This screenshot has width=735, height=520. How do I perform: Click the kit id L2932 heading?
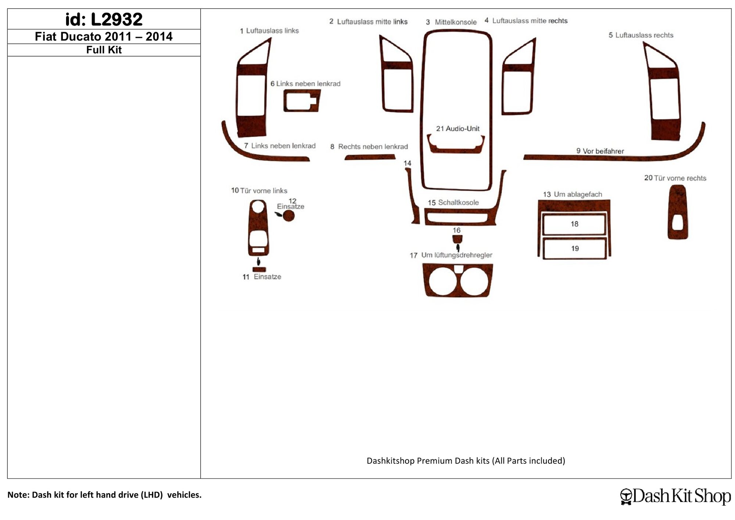[104, 19]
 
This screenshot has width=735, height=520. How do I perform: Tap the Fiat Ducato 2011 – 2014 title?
[104, 37]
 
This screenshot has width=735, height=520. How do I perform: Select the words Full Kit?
[104, 50]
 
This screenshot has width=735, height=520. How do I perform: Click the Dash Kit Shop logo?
[675, 496]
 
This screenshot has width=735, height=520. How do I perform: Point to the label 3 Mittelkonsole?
[451, 22]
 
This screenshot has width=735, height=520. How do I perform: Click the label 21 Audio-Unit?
[458, 129]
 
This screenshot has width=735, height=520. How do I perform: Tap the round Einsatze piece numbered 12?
[289, 216]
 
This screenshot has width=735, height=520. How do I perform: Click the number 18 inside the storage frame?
[574, 224]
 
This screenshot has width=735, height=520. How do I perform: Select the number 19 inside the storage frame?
[575, 249]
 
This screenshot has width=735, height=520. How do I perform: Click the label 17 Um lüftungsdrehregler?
[451, 255]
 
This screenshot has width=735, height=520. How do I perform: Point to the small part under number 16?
[457, 239]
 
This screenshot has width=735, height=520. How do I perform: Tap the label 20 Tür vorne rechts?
[675, 178]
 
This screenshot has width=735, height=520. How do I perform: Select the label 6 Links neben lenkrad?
[305, 84]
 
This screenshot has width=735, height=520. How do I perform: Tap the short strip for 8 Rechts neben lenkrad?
[370, 157]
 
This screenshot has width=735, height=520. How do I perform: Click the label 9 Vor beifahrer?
[600, 151]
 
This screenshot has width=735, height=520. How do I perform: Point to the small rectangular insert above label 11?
[259, 269]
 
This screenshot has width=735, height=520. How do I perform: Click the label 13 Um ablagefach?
[573, 194]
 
